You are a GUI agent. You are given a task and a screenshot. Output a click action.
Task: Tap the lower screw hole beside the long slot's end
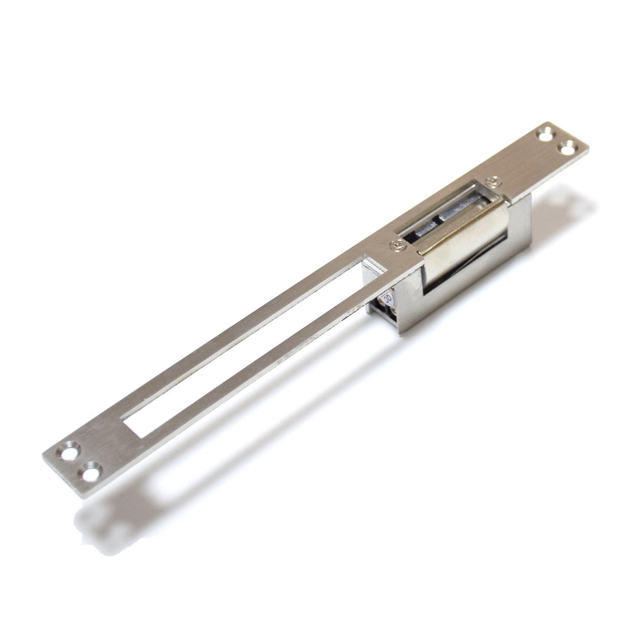click(x=91, y=473)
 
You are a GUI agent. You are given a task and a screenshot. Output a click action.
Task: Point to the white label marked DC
click(x=387, y=300)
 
